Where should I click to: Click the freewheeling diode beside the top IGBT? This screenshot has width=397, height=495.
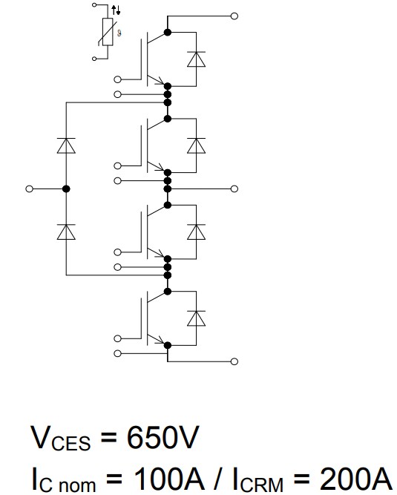(196, 59)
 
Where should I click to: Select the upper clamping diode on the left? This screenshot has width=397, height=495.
(67, 146)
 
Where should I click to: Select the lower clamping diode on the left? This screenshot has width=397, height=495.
(67, 232)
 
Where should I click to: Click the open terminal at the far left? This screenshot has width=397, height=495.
(30, 189)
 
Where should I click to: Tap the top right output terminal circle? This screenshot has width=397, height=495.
(235, 16)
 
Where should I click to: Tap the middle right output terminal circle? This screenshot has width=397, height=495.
(235, 189)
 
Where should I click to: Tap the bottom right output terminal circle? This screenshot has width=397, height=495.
(235, 361)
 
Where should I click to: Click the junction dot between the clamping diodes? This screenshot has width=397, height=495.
(67, 189)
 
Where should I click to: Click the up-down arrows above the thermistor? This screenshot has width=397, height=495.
(114, 10)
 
